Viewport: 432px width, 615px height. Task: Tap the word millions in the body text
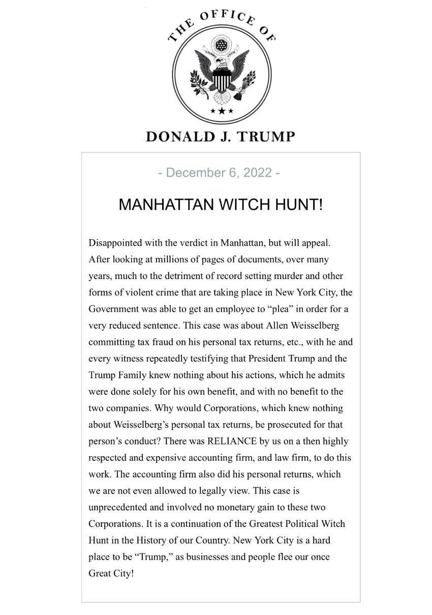pos(171,259)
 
